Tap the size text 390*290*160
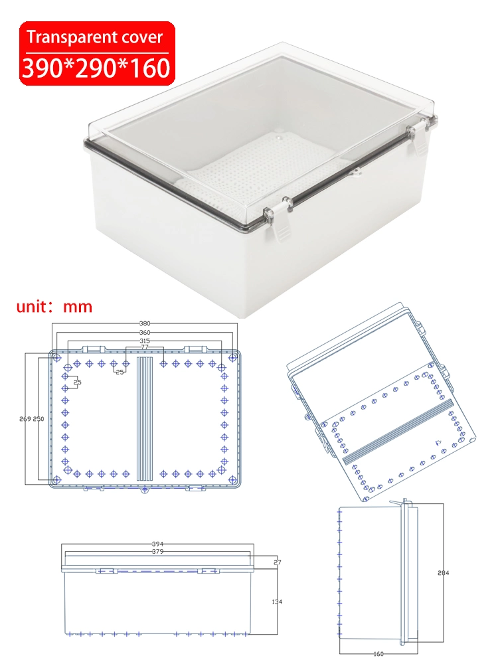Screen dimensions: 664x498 96,68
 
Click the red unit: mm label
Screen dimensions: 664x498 54,307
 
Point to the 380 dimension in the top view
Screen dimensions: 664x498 144,324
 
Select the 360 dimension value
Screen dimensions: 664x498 144,332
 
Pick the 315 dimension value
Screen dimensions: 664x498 144,341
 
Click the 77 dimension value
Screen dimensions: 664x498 144,347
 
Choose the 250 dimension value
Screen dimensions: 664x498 39,419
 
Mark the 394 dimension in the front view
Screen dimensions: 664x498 157,544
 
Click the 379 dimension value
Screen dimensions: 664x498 157,551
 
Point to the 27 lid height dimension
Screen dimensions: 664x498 277,562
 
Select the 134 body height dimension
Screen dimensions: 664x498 277,602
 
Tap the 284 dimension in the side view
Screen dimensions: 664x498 443,572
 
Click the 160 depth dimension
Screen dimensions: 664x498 378,653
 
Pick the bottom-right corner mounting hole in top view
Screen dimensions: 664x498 232,479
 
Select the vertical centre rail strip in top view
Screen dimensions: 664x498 145,418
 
